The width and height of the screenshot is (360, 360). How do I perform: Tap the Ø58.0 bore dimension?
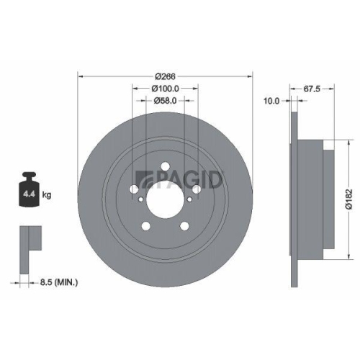coord(166,102)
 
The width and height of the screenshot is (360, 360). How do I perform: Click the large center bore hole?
coord(165,201)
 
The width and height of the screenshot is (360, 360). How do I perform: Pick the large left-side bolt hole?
coord(136,190)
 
